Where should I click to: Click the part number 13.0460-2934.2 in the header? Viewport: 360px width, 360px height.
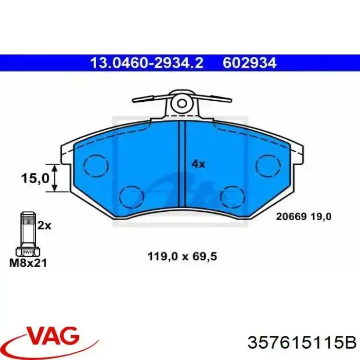[147, 63]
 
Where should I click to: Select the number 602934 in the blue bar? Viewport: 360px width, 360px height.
[250, 63]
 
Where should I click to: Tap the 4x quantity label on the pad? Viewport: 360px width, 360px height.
[198, 164]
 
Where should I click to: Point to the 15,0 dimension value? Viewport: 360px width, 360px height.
[35, 178]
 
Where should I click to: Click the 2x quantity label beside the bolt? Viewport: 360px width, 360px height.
[45, 225]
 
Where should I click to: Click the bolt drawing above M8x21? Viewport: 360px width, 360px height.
[26, 234]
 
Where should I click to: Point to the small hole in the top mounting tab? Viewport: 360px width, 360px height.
[181, 103]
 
